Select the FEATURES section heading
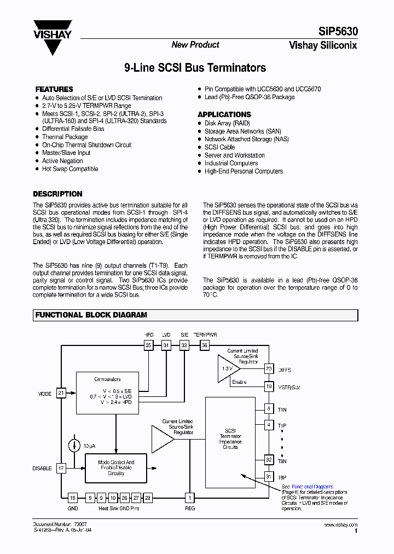54,89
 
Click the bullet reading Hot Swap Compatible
70,169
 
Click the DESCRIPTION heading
57,194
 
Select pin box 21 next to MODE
61,393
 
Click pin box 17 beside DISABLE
61,469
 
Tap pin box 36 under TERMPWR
205,345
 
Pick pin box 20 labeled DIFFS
269,369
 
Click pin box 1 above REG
189,498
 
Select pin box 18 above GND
73,498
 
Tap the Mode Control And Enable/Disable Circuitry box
115,468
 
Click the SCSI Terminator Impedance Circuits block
230,442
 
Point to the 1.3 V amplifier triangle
228,368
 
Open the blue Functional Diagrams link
312,487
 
